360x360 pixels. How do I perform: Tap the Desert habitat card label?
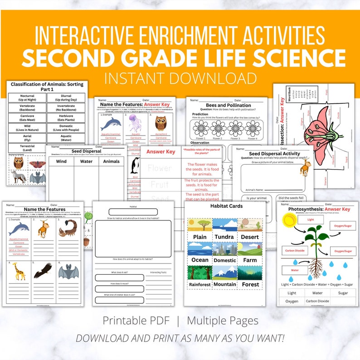pyautogui.click(x=249, y=237)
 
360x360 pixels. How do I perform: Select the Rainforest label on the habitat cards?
pyautogui.click(x=200, y=285)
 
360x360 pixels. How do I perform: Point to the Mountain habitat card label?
pyautogui.click(x=225, y=285)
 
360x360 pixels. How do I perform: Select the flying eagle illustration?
pyautogui.click(x=43, y=271)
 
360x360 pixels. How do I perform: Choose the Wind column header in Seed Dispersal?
pyautogui.click(x=61, y=161)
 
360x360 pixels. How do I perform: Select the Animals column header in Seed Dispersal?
pyautogui.click(x=111, y=161)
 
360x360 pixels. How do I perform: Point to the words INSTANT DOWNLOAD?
pyautogui.click(x=180, y=78)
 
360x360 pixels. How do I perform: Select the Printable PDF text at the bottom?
pyautogui.click(x=136, y=321)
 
